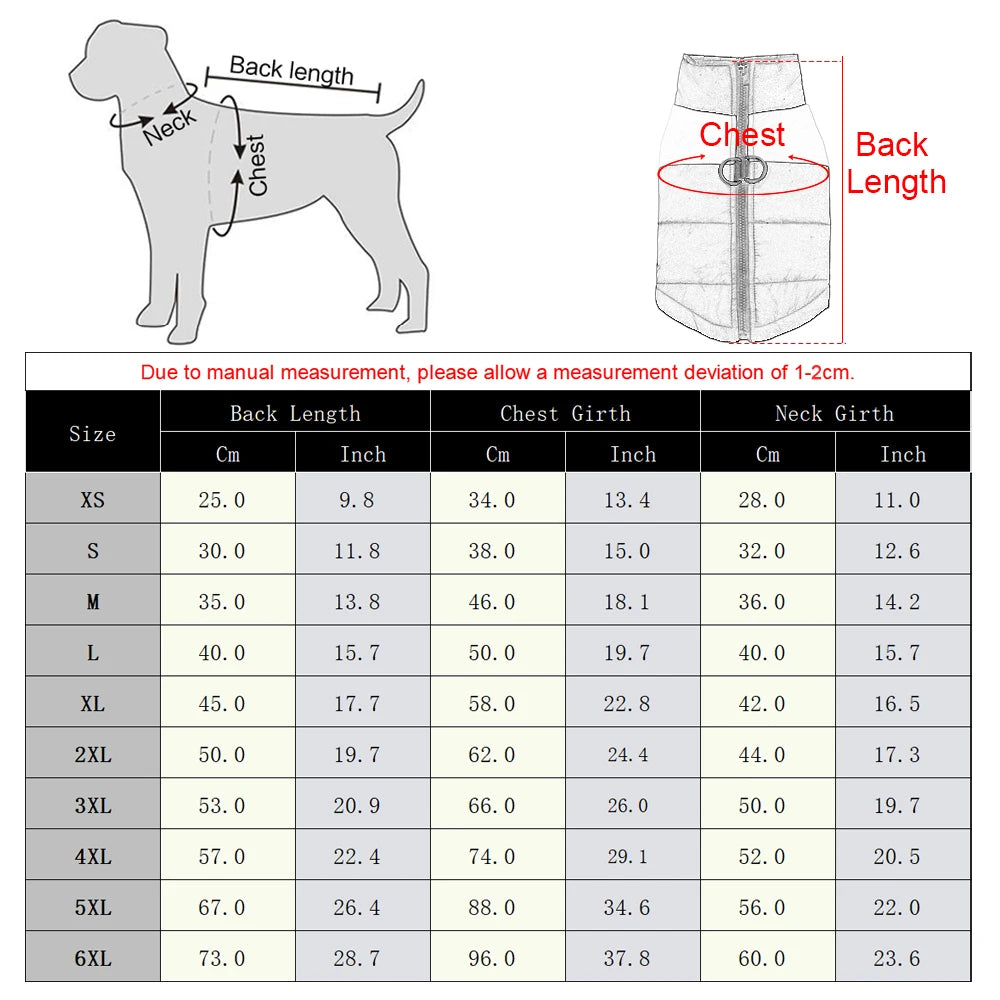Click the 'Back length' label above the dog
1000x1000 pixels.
coord(291,70)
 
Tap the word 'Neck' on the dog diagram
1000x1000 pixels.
coord(170,127)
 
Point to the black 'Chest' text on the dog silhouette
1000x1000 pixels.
coord(257,165)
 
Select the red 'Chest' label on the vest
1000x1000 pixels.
coord(742,134)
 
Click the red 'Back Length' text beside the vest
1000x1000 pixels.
coord(895,163)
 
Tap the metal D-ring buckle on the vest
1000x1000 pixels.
coord(741,171)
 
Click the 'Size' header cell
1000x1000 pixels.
coord(92,433)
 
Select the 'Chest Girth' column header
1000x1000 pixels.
coord(565,413)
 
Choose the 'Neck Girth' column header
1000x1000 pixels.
coord(834,413)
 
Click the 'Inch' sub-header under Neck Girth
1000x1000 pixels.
coord(902,454)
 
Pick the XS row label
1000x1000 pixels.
coord(92,499)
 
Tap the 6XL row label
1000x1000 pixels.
coord(92,958)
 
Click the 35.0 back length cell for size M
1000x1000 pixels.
coord(222,602)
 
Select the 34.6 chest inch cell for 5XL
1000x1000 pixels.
coord(627,907)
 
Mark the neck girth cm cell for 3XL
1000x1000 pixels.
coord(762,805)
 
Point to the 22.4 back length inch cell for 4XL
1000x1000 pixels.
coord(357,856)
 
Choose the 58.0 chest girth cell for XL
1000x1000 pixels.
coord(492,704)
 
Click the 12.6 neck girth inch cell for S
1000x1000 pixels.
coord(897,551)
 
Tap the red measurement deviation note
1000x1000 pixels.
coord(497,373)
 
